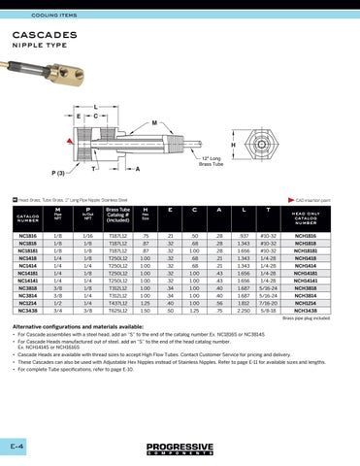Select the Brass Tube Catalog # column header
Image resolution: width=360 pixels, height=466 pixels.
[x=117, y=214]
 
